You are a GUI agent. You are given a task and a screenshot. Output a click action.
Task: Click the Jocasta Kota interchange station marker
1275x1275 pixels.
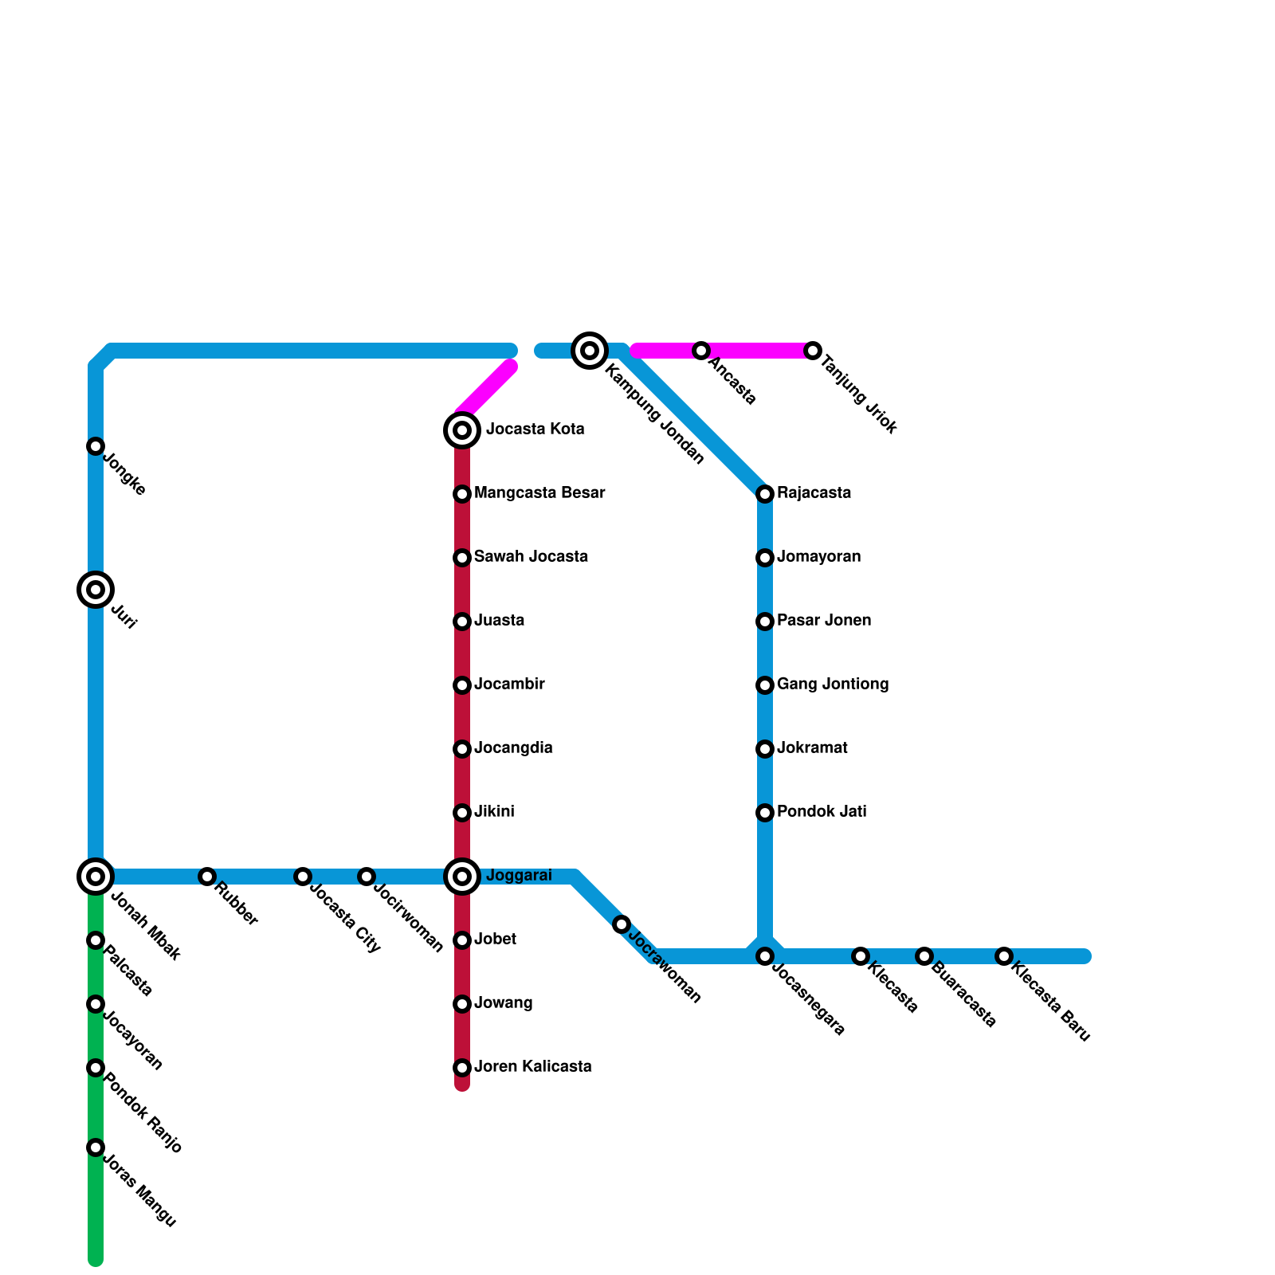pos(462,430)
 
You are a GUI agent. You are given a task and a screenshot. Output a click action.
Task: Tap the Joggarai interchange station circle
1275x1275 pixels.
pos(462,877)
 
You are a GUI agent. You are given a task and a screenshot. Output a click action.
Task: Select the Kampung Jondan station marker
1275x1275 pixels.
pos(590,351)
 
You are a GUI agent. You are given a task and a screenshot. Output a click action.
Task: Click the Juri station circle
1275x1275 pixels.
pos(96,590)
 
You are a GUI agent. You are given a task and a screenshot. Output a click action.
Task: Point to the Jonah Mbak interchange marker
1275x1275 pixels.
pos(96,877)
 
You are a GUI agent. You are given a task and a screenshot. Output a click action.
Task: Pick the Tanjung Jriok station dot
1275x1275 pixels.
pos(813,351)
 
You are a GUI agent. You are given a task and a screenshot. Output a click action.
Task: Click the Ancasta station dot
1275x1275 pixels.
pos(701,351)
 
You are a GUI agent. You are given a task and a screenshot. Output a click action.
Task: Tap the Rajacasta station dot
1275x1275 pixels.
pos(765,494)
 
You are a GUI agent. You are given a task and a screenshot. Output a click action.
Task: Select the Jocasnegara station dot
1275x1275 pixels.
pos(765,956)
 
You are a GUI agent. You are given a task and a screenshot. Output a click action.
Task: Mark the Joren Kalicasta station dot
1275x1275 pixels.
pos(462,1068)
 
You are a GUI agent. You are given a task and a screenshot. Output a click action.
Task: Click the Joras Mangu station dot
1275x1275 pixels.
pos(96,1147)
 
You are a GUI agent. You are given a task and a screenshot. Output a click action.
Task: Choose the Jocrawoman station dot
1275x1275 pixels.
pos(622,924)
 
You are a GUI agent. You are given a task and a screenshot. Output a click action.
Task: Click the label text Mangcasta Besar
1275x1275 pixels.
pos(539,493)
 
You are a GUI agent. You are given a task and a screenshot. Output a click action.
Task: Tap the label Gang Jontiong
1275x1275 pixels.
pos(833,685)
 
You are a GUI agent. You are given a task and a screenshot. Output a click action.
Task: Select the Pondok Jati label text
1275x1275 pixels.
pos(822,812)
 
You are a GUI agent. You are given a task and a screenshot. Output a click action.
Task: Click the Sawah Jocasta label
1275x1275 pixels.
pos(531,557)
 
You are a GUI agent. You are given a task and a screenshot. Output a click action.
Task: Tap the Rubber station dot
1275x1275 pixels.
pos(207,877)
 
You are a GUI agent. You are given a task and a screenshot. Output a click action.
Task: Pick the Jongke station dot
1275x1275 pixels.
pos(96,446)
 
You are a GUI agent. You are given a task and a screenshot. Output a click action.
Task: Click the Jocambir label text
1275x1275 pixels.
pos(509,685)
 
